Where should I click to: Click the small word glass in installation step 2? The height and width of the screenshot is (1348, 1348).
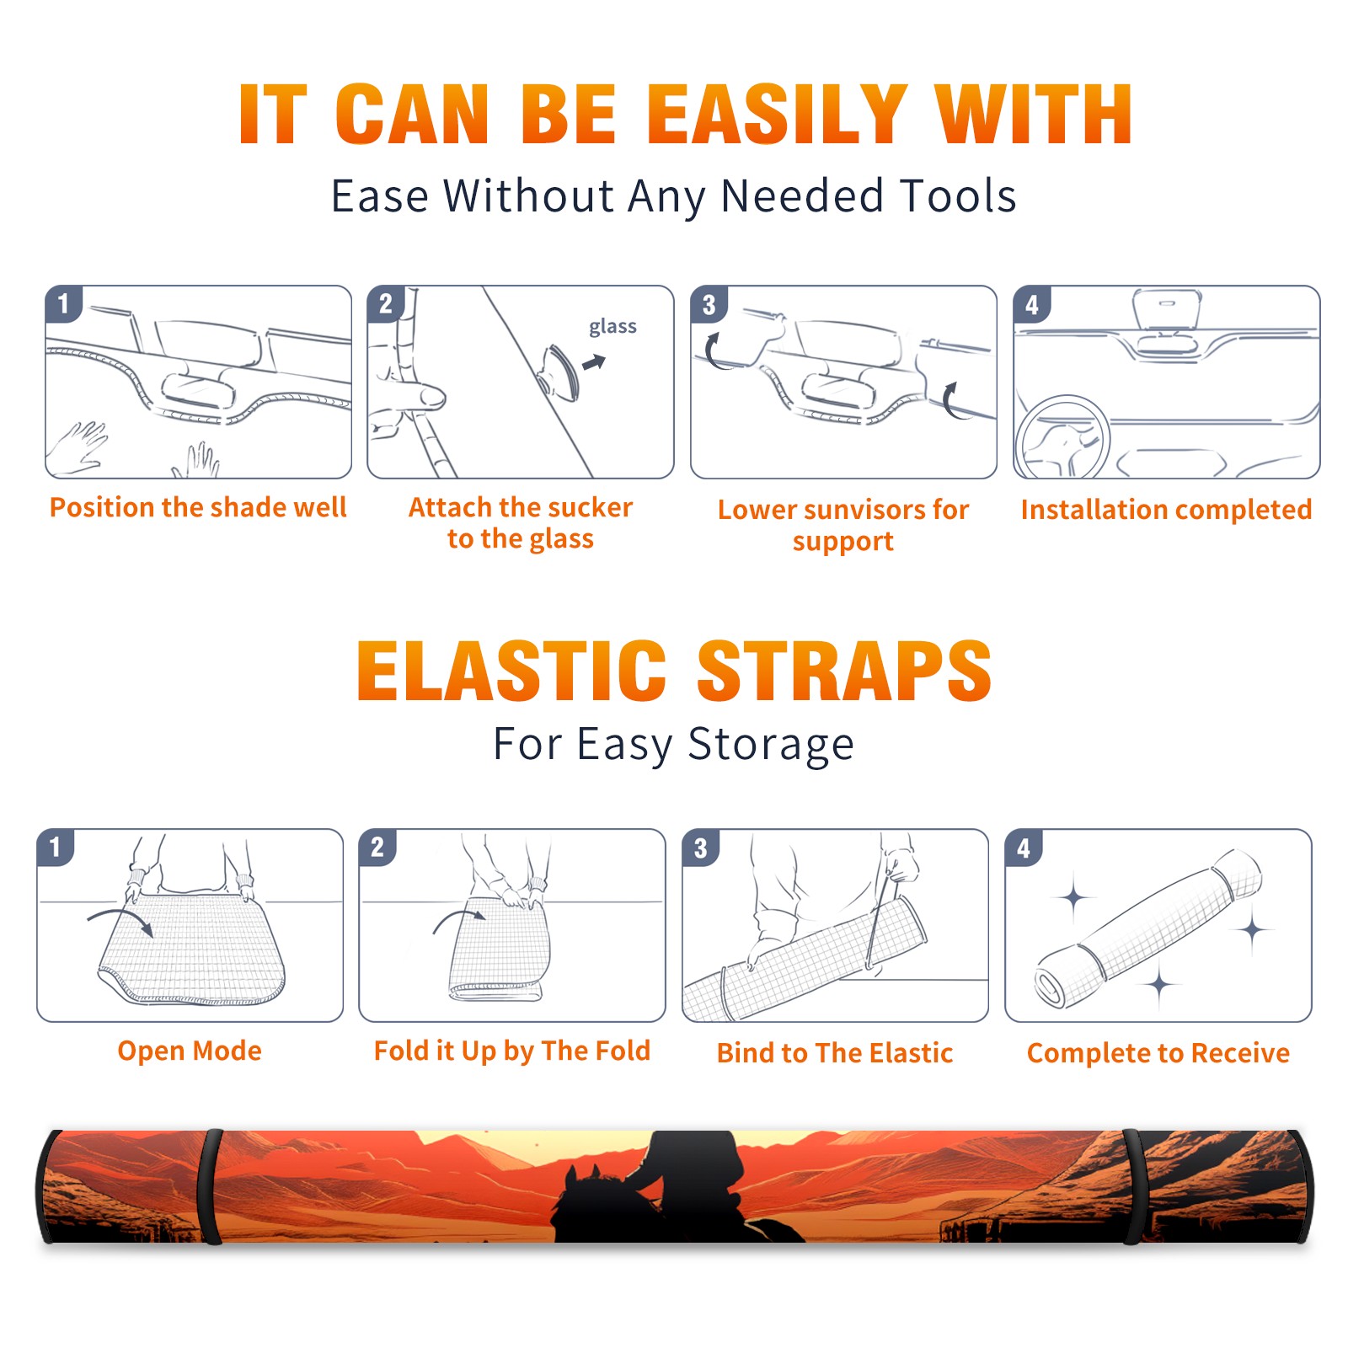pyautogui.click(x=612, y=326)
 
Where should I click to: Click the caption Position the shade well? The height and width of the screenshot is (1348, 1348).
pyautogui.click(x=198, y=507)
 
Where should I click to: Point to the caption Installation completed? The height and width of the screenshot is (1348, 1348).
pyautogui.click(x=1166, y=510)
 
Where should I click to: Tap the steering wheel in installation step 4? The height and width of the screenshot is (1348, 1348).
pyautogui.click(x=1063, y=438)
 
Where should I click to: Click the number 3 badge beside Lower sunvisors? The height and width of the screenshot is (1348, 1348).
pyautogui.click(x=709, y=304)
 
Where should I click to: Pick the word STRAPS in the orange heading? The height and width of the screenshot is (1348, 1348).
pyautogui.click(x=844, y=671)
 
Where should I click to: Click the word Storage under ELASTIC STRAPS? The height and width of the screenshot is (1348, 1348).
pyautogui.click(x=771, y=745)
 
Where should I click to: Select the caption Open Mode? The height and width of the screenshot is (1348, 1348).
pyautogui.click(x=190, y=1051)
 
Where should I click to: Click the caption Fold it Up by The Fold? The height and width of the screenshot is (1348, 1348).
pyautogui.click(x=512, y=1051)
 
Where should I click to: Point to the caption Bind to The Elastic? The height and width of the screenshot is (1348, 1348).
pyautogui.click(x=835, y=1053)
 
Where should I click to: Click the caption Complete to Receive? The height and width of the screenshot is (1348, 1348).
pyautogui.click(x=1158, y=1053)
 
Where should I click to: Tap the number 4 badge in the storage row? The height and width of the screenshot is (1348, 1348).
pyautogui.click(x=1024, y=848)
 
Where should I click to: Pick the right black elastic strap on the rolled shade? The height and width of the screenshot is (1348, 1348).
pyautogui.click(x=1133, y=1187)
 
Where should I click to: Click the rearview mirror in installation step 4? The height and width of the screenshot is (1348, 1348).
pyautogui.click(x=1167, y=310)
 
